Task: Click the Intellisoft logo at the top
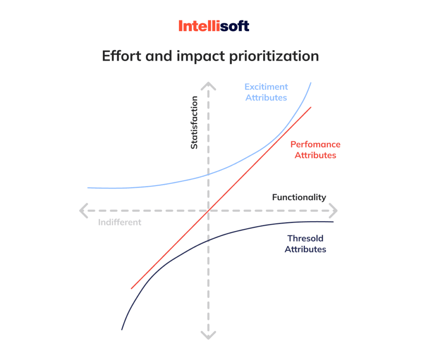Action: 214,26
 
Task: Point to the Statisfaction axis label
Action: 194,122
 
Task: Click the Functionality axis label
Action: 299,197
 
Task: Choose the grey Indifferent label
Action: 120,222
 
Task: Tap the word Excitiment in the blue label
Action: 266,87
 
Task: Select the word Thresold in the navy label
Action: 305,238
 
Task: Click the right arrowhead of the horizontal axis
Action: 334,210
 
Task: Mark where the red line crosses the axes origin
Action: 209,210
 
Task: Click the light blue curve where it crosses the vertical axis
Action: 209,174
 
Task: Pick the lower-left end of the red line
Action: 132,288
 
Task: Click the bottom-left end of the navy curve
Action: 122,329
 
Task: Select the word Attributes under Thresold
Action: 305,249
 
